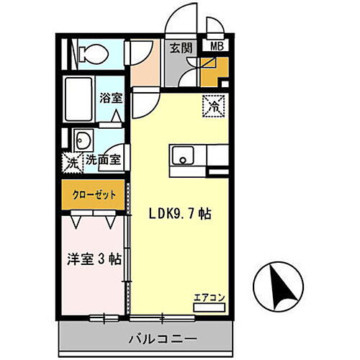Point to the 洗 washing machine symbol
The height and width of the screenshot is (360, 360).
click(72, 162)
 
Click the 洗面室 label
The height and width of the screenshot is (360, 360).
click(103, 162)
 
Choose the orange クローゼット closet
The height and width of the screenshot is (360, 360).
click(93, 194)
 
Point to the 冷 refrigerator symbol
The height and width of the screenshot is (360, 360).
click(213, 105)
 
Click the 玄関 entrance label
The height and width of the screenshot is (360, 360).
click(180, 49)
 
